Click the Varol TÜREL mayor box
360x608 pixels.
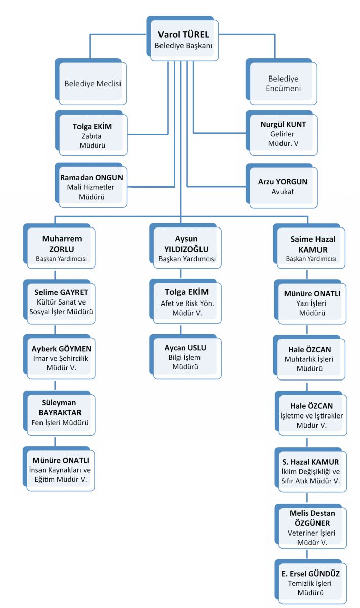click(x=183, y=39)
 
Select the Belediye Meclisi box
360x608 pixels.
click(x=91, y=82)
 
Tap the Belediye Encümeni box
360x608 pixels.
click(x=282, y=82)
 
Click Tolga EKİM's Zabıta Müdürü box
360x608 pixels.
click(x=92, y=133)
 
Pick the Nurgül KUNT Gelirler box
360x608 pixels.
click(x=282, y=133)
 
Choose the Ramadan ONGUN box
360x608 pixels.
click(x=91, y=185)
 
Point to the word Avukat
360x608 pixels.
click(x=283, y=192)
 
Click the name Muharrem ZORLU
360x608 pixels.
click(x=62, y=244)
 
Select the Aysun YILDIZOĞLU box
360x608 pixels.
click(x=185, y=246)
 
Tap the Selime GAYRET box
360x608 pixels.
click(x=59, y=301)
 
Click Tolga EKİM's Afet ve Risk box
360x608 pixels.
click(x=185, y=301)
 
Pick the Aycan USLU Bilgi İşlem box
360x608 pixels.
click(x=185, y=357)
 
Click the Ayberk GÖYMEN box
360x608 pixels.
click(x=59, y=357)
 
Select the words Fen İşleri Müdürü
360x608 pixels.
click(x=60, y=423)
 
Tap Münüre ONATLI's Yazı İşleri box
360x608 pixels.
click(x=310, y=302)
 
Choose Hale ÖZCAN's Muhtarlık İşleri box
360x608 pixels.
click(x=309, y=358)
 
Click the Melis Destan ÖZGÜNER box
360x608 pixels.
click(x=311, y=526)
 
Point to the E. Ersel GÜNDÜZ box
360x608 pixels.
click(x=311, y=582)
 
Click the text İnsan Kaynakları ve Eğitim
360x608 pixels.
click(x=60, y=474)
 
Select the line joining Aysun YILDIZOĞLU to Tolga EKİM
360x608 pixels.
click(x=181, y=274)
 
